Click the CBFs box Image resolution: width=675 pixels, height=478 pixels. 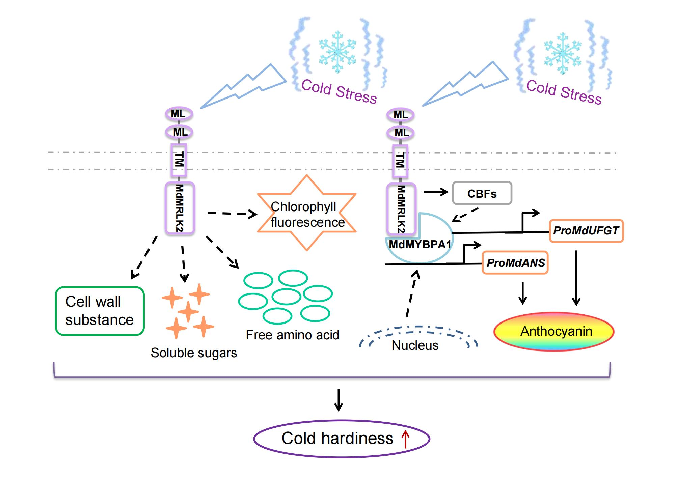482,193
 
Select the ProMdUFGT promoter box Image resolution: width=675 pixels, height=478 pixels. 586,231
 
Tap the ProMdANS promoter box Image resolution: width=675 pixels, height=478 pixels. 515,263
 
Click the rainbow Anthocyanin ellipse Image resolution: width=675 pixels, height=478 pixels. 554,331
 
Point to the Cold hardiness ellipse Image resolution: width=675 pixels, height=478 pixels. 342,439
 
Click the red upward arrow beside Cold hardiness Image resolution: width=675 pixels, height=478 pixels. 405,439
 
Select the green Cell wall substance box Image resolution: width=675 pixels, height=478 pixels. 100,311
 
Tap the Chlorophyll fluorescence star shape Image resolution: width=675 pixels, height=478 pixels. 307,213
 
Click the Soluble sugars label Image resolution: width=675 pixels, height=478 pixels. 194,353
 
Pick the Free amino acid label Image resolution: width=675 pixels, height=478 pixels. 292,335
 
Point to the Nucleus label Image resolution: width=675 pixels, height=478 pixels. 415,345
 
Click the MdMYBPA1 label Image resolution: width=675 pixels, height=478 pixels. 420,245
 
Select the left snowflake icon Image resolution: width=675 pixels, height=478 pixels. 337,52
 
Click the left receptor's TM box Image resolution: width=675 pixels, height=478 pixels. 179,160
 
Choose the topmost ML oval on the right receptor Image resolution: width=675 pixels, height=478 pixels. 400,115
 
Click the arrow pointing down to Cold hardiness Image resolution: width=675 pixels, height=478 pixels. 338,400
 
